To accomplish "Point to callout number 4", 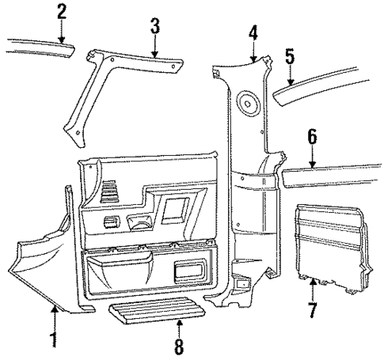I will point(253,33).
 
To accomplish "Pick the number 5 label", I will point(290,56).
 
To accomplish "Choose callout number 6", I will point(313,138).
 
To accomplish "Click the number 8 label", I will point(180,345).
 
